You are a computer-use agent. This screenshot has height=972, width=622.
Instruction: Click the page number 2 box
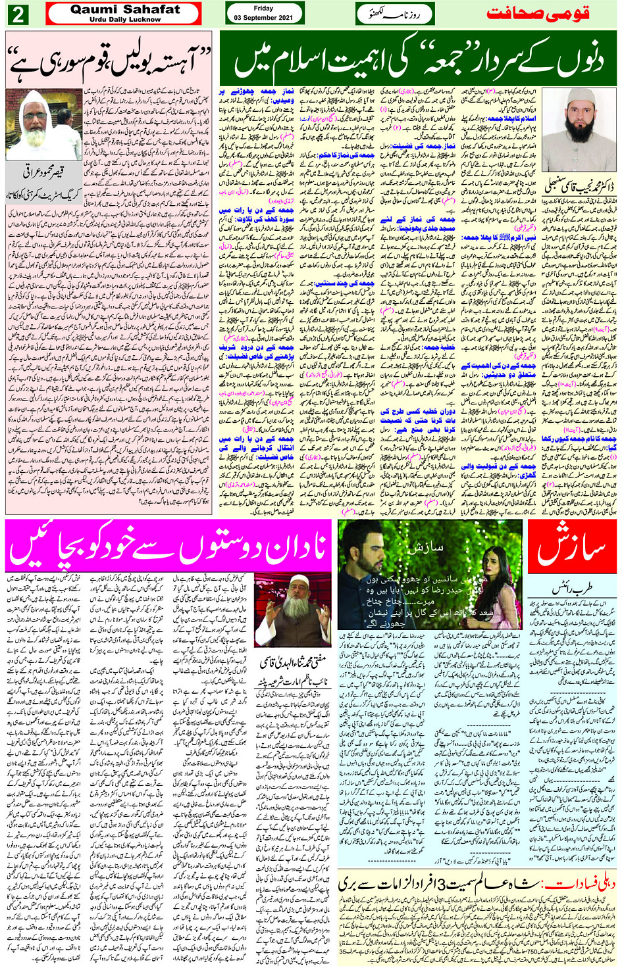point(18,14)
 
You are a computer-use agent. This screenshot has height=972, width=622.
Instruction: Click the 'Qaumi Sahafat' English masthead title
point(125,10)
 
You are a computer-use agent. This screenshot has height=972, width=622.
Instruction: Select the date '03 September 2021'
point(263,18)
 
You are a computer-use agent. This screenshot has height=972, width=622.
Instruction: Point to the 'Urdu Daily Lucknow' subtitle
point(125,20)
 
